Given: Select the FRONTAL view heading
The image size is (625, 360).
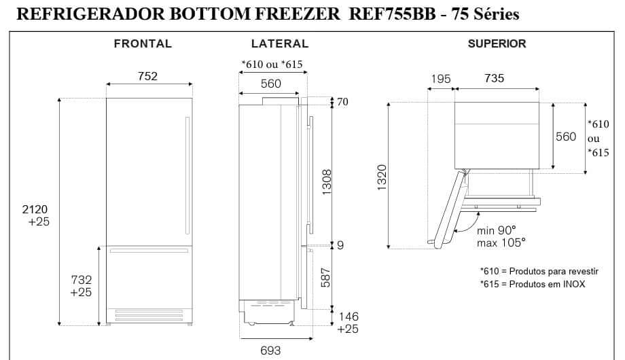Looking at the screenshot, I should click(x=143, y=43).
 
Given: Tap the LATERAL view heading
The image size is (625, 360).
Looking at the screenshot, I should click(x=280, y=43).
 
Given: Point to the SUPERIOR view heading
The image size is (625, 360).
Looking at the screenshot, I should click(x=497, y=43).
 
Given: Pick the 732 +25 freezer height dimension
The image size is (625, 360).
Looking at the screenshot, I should click(x=81, y=286).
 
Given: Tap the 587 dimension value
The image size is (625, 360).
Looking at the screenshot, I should click(x=326, y=276).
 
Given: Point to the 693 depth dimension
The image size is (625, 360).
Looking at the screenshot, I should click(x=270, y=350).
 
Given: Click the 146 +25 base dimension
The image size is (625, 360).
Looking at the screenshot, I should click(x=347, y=323).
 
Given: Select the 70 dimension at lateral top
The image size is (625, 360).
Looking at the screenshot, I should click(x=342, y=103).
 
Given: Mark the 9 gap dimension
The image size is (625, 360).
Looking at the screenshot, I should click(x=340, y=245).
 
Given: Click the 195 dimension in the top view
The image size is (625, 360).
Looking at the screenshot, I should click(x=440, y=79).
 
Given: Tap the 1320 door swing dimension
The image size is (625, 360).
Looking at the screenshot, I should click(x=382, y=177).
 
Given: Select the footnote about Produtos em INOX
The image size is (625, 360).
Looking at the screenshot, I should click(x=532, y=284).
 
